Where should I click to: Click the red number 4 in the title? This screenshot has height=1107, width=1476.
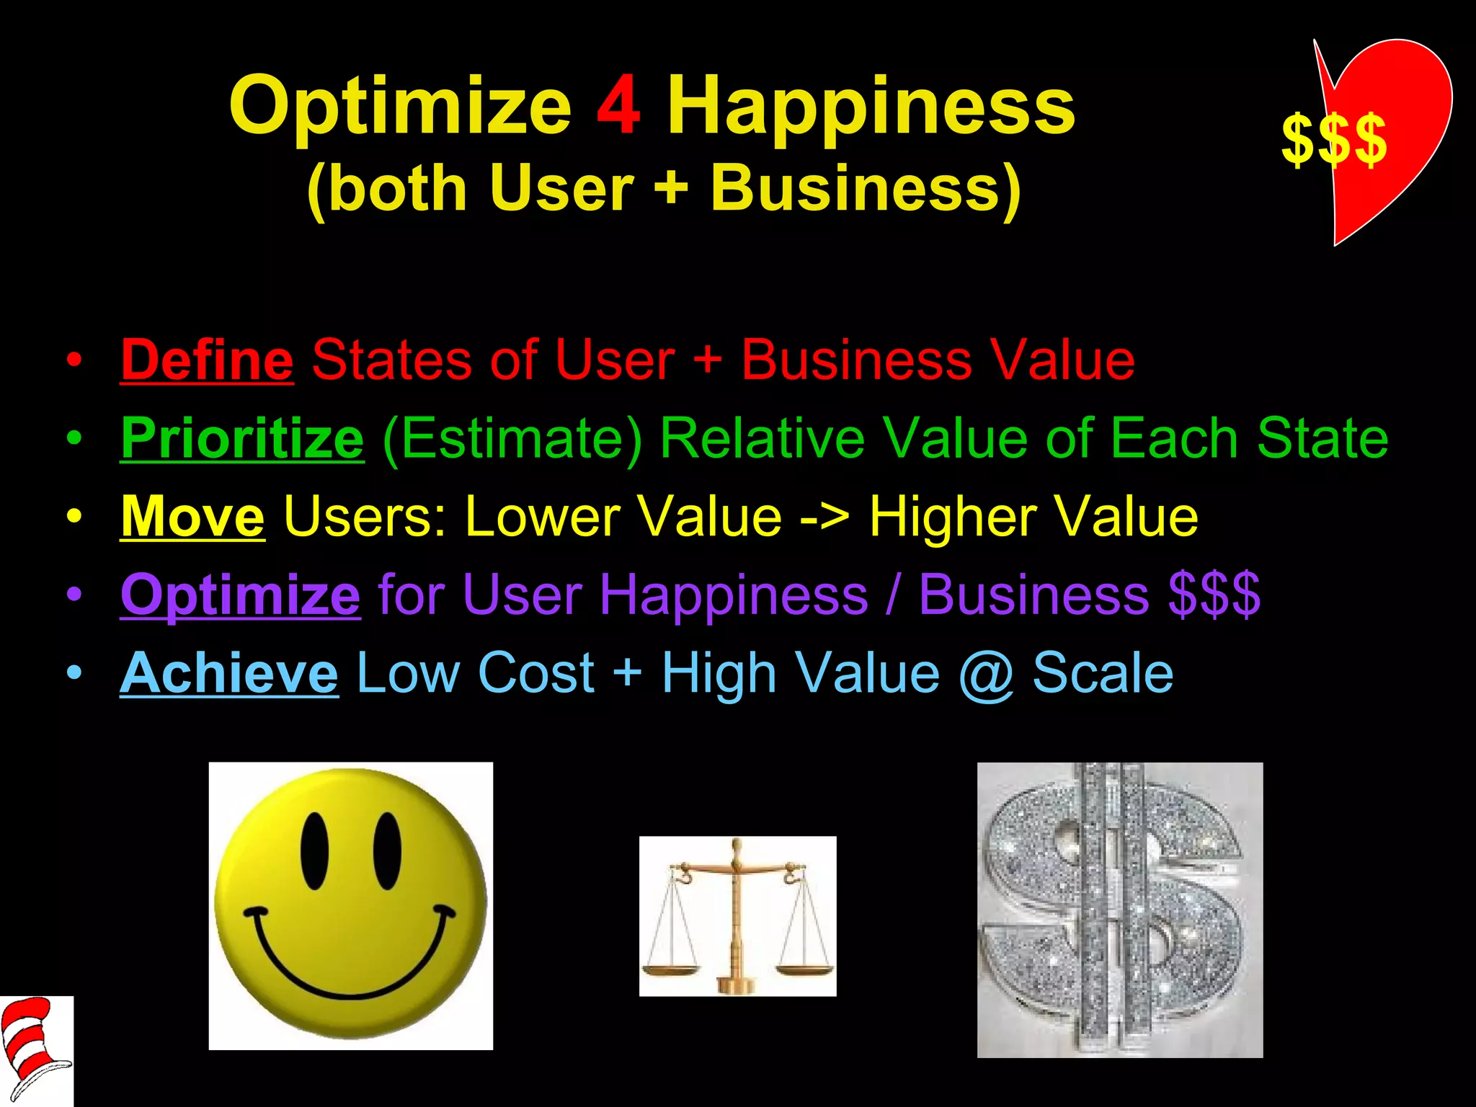coord(618,107)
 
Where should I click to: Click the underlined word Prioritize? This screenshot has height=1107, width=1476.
coord(242,438)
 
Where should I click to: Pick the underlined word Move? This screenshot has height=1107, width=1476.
coord(192,516)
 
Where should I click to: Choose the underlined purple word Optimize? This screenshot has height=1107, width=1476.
coord(240,595)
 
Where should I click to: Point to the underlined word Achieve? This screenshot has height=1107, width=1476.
coord(228,673)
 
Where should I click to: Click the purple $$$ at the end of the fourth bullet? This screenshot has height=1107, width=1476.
coord(1214,595)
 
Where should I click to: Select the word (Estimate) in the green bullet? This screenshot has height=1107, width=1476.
coord(512,438)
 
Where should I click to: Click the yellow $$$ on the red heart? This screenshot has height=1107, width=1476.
coord(1333,140)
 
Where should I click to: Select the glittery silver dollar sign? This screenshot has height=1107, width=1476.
coord(1119,910)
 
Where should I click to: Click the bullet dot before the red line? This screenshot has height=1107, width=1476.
coord(74,360)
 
